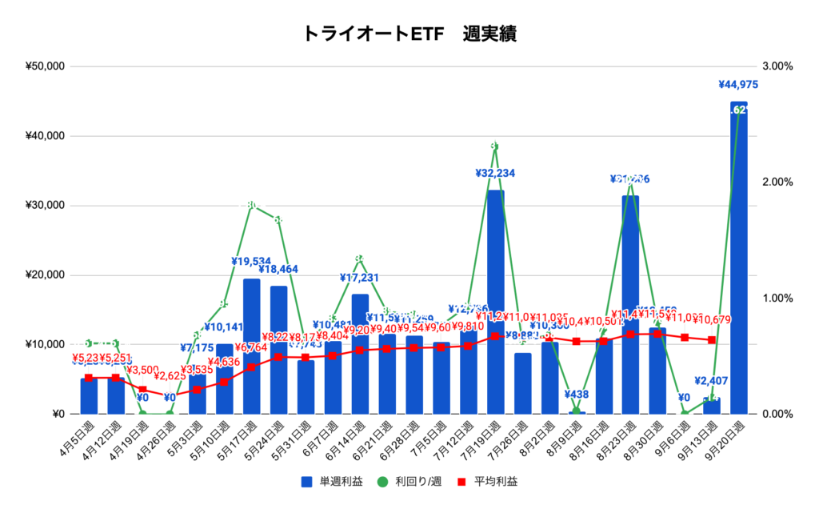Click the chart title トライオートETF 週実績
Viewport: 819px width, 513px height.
(409, 34)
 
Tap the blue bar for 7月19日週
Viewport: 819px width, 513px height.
(496, 304)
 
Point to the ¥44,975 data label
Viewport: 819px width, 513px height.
(738, 84)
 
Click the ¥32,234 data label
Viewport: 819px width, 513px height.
(495, 173)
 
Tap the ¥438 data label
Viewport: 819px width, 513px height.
(576, 395)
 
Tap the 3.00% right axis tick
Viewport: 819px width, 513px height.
(777, 66)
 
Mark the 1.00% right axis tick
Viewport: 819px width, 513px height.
(777, 299)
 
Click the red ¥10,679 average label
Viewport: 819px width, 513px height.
(713, 322)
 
